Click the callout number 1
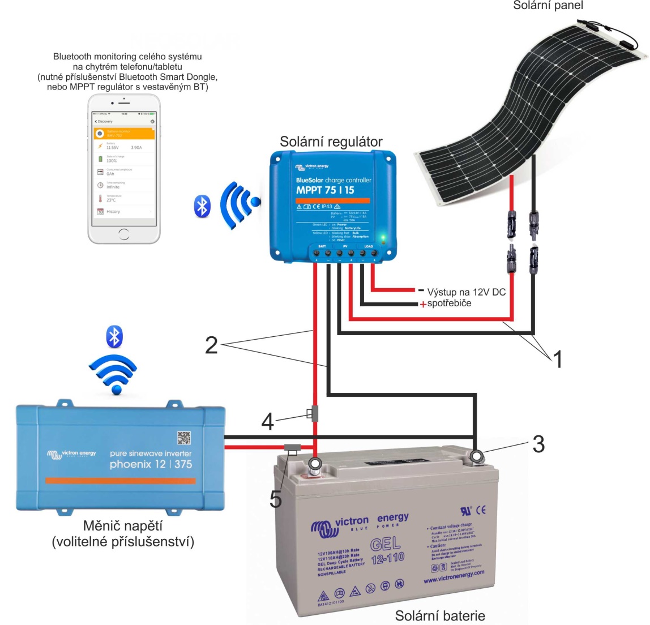point(558,359)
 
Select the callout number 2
point(211,345)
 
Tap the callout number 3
point(538,444)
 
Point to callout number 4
point(267,421)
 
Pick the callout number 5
point(276,498)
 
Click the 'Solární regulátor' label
point(331,142)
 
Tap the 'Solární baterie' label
point(440,615)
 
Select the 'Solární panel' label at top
point(548,6)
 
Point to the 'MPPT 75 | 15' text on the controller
point(325,190)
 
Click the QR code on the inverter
point(184,438)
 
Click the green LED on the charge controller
point(383,237)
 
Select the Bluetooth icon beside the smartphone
point(202,207)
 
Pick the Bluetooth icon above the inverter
point(115,337)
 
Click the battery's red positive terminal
point(314,465)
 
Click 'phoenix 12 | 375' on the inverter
point(151,464)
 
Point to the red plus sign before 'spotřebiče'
point(422,304)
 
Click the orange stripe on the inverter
point(120,481)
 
